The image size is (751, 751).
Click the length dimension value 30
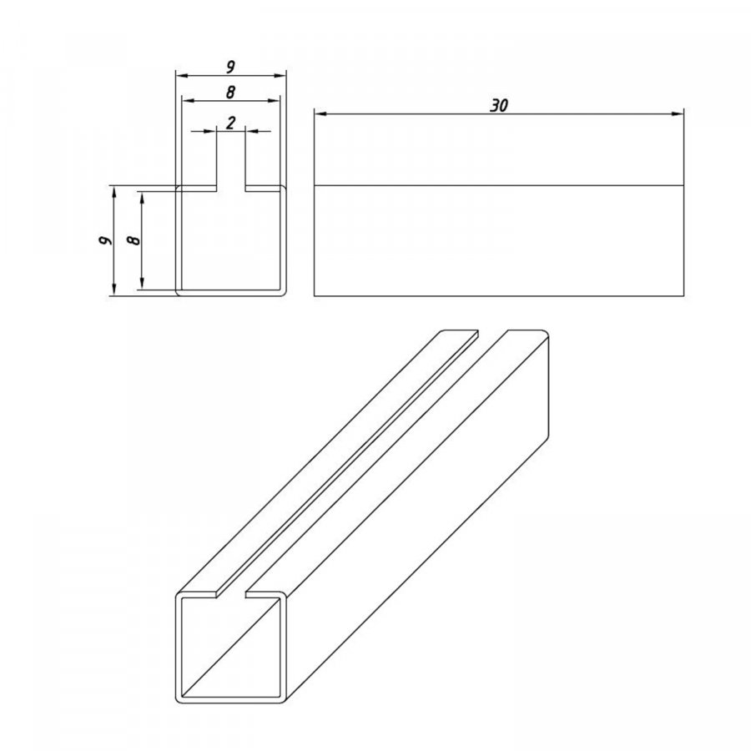[499, 105]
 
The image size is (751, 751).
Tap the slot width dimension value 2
[231, 123]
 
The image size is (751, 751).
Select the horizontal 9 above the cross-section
[230, 67]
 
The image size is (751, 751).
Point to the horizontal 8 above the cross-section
[230, 92]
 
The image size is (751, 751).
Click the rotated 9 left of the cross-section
[105, 240]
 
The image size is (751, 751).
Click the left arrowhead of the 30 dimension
[320, 114]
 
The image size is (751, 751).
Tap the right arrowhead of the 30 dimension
[678, 114]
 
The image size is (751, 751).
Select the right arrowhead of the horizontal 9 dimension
[280, 76]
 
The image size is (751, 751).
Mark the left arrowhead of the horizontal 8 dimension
[188, 101]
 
